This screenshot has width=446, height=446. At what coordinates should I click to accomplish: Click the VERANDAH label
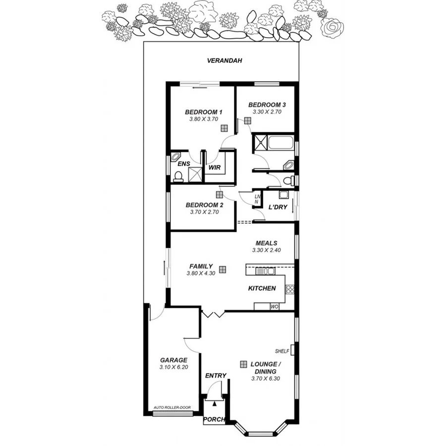[224, 61]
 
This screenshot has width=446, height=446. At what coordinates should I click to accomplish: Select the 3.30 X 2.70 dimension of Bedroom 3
[267, 112]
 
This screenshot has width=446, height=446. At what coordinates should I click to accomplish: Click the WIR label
[214, 167]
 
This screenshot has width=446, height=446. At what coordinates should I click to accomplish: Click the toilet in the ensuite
[177, 176]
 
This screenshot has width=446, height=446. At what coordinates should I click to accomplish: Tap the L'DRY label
[278, 207]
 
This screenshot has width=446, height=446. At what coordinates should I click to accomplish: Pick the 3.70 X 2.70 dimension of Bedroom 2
[204, 212]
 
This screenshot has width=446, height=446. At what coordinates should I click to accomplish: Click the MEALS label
[266, 243]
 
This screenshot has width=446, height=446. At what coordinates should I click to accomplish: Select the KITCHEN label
[262, 288]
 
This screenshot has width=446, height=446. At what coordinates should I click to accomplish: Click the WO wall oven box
[275, 307]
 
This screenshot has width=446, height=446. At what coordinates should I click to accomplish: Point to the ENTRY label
[216, 376]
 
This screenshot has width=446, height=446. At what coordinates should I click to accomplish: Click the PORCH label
[214, 419]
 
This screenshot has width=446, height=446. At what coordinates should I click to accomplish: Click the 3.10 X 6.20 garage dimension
[173, 367]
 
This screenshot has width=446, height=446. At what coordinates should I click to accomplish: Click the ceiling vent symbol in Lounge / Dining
[243, 364]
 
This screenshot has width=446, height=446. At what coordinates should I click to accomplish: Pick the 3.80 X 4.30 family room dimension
[200, 273]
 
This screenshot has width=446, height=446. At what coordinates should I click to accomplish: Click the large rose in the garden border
[331, 27]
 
